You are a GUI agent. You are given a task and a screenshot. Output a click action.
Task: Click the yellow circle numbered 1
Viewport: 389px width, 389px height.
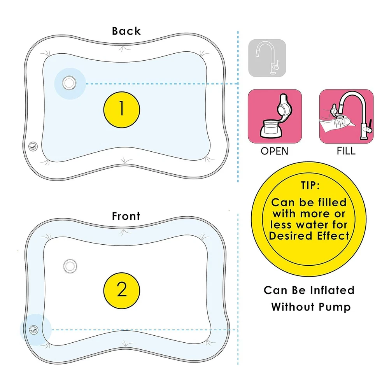pyautogui.click(x=122, y=109)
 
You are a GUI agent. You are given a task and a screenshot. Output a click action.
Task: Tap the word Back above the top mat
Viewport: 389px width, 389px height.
pyautogui.click(x=126, y=31)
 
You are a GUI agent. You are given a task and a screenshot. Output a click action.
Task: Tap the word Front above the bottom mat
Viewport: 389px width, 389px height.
pyautogui.click(x=126, y=216)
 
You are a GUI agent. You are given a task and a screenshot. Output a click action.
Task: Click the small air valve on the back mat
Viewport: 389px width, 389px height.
pyautogui.click(x=32, y=147)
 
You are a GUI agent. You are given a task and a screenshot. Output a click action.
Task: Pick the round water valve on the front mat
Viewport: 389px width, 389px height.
pyautogui.click(x=70, y=265)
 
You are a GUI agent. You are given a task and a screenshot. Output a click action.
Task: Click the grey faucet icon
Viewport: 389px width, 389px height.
pyautogui.click(x=267, y=58)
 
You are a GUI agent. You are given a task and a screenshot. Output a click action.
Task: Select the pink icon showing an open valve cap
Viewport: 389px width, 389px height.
pyautogui.click(x=275, y=116)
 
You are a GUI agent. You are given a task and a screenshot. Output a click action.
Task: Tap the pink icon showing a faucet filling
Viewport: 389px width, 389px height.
pyautogui.click(x=346, y=116)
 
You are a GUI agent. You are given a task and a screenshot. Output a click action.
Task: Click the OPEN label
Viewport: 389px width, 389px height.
pyautogui.click(x=275, y=151)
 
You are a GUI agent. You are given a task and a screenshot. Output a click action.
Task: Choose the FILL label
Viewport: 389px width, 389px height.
pyautogui.click(x=346, y=151)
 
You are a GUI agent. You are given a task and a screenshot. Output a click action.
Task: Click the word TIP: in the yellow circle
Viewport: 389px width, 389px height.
pyautogui.click(x=310, y=185)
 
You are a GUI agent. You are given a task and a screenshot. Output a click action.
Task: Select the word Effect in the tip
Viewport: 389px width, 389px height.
pyautogui.click(x=333, y=236)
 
